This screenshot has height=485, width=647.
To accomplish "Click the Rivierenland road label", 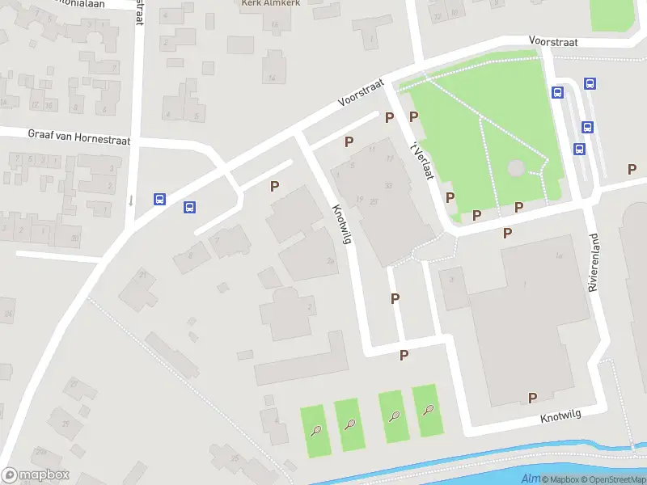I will pyautogui.click(x=595, y=263).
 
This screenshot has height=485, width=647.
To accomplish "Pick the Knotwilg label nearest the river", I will pyautogui.click(x=561, y=416).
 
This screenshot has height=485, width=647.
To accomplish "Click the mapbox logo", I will pyautogui.click(x=36, y=475).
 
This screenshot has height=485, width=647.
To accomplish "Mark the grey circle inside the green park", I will pyautogui.click(x=515, y=168).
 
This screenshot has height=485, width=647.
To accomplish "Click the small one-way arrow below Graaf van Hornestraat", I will pyautogui.click(x=130, y=200).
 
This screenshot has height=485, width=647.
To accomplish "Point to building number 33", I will pyautogui.click(x=389, y=186).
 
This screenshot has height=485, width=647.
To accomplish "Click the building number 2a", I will pyautogui.click(x=330, y=260).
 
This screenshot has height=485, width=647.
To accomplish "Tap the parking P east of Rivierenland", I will pyautogui.click(x=632, y=169).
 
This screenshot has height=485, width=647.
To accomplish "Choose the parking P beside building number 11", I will pyautogui.click(x=349, y=141).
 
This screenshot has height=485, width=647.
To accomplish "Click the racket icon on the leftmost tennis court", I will pyautogui.click(x=316, y=429).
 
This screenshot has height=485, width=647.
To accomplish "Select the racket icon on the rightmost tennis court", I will pyautogui.click(x=428, y=410).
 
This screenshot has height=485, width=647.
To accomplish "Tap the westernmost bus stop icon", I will pyautogui.click(x=160, y=199).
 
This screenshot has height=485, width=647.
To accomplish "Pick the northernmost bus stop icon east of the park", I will pyautogui.click(x=590, y=83).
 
